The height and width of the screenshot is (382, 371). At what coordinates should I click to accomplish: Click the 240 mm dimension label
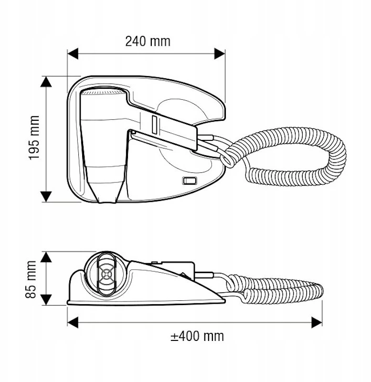[148, 42]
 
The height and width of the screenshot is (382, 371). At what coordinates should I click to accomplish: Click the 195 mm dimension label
[34, 138]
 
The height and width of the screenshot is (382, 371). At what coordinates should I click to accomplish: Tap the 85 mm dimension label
[31, 279]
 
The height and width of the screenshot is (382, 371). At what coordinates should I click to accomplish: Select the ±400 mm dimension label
[197, 336]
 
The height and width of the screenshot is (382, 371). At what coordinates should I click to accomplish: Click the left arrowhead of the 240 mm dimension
[73, 53]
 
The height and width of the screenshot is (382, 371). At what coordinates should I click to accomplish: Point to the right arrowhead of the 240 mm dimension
[220, 53]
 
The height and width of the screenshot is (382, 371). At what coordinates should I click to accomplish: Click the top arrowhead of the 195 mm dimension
[46, 81]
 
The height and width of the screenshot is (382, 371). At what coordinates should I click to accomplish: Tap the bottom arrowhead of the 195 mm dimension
[46, 197]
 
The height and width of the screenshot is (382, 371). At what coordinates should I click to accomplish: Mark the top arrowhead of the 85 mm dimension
[46, 257]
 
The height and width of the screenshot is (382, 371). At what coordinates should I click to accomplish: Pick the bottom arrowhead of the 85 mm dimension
[46, 300]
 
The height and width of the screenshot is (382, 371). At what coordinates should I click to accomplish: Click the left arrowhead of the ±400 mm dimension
[73, 322]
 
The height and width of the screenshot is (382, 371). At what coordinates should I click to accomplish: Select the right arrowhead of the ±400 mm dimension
[317, 322]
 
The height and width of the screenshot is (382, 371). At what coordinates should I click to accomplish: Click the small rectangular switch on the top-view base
[190, 180]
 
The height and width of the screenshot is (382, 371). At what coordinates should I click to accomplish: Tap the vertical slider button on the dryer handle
[154, 125]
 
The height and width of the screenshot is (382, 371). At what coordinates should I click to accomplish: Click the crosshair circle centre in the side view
[106, 274]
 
